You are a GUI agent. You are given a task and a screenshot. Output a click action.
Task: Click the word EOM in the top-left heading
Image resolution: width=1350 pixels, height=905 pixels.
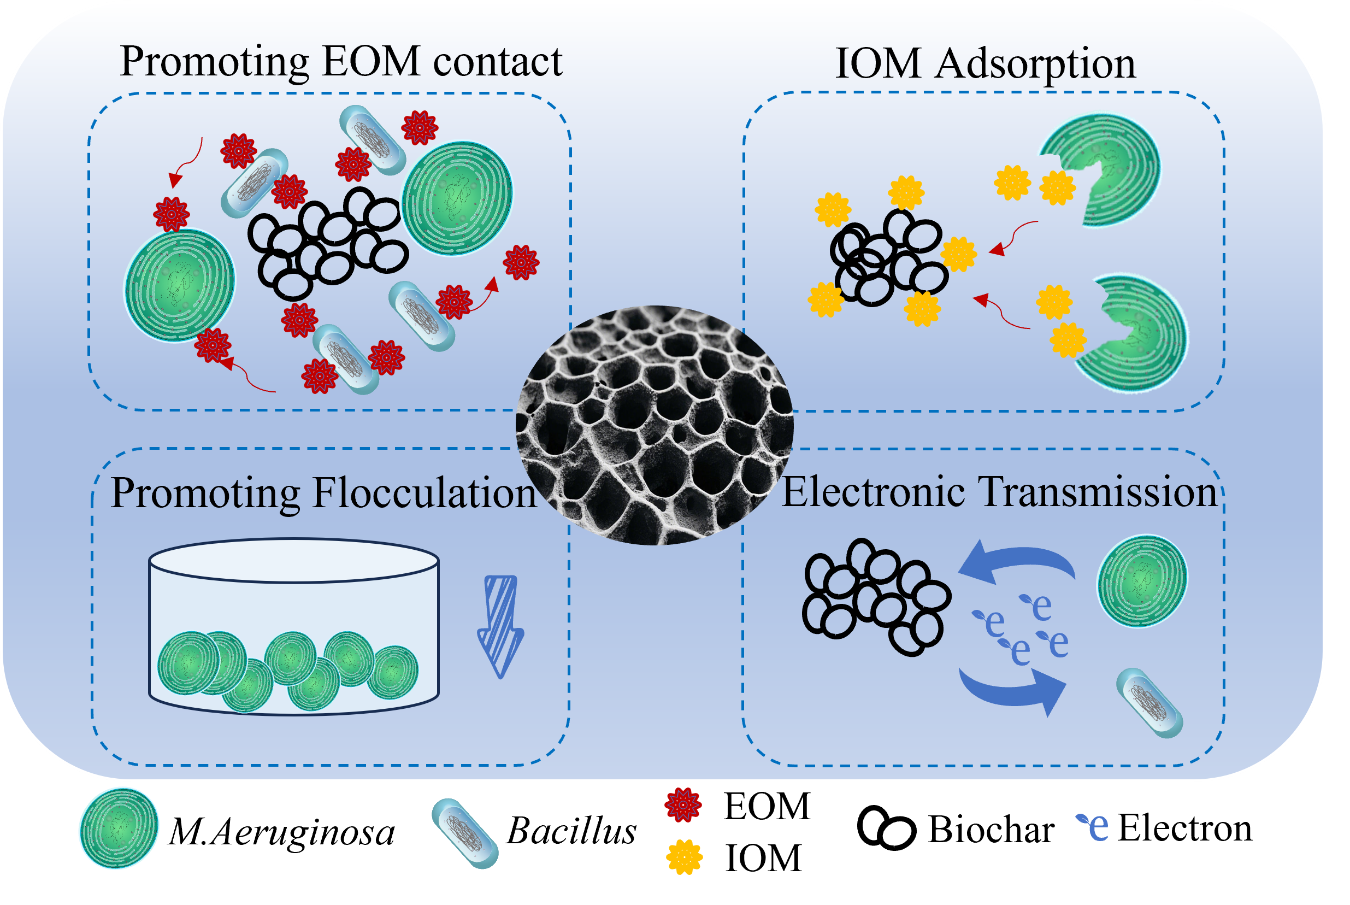pos(370,61)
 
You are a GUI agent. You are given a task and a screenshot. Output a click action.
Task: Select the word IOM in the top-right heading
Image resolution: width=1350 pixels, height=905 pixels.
pos(877,63)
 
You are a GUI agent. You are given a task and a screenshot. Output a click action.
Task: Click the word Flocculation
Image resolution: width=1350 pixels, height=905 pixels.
pos(425,494)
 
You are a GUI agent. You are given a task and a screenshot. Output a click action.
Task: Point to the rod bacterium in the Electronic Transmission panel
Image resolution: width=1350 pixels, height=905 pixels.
pos(1150,702)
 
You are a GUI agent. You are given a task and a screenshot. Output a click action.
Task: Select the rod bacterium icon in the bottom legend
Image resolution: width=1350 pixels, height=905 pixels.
pos(465,833)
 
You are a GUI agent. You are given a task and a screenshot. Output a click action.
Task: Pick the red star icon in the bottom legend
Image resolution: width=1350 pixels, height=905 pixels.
pos(683,804)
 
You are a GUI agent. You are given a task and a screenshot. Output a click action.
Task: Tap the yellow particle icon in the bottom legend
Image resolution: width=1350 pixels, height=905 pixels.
pos(684,856)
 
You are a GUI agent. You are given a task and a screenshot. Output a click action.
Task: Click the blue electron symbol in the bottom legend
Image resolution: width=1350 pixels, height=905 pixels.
pos(1093,826)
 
